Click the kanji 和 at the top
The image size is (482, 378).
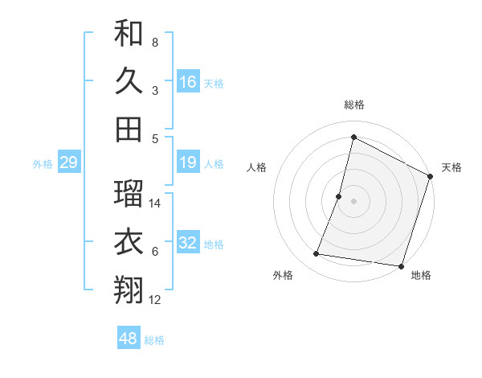pos(129,34)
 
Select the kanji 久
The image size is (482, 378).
pos(129,80)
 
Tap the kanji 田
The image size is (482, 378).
pos(129,129)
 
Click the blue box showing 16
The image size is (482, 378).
pos(188,81)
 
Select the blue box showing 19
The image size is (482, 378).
pos(188,163)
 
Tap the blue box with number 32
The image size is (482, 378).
pos(188,244)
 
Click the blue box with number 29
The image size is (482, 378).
pos(68,163)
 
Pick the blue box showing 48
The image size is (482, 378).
pos(128,339)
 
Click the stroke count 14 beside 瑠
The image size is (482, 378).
pos(156,203)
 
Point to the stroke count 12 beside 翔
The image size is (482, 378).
pos(156,300)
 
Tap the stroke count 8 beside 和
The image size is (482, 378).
pos(155,43)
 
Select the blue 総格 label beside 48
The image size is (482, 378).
pos(154,340)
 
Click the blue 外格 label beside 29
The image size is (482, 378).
pos(43,164)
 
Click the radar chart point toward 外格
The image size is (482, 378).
pos(317,254)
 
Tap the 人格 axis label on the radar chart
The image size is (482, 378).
pos(256,167)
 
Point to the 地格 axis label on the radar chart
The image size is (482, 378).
pos(421,275)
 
